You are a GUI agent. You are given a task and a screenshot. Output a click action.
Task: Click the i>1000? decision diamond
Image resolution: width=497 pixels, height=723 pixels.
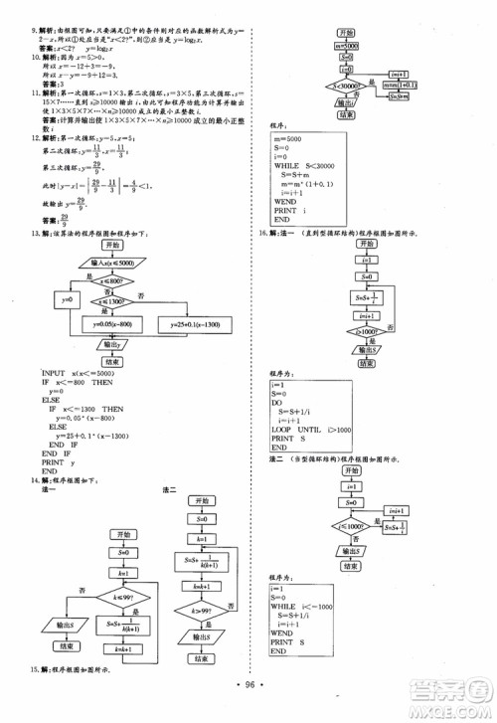coord(368,332)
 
